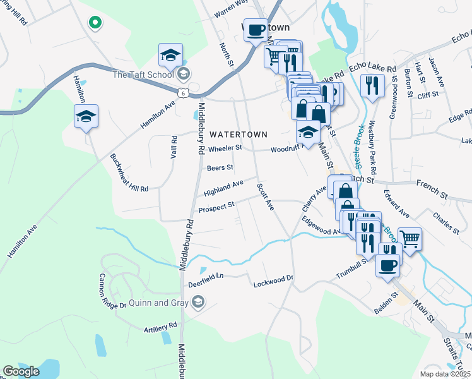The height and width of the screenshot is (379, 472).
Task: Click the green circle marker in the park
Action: coord(95,23)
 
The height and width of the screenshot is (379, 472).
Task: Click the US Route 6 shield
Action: coord(182,93)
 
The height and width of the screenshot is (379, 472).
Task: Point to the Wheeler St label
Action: coord(225,148)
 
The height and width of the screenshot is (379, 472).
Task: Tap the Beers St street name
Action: coord(220,168)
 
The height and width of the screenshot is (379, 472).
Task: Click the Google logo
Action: coord(21,371)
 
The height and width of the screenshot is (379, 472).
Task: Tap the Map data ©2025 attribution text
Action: coord(444,374)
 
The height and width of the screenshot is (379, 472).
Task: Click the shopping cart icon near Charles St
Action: coord(410,239)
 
